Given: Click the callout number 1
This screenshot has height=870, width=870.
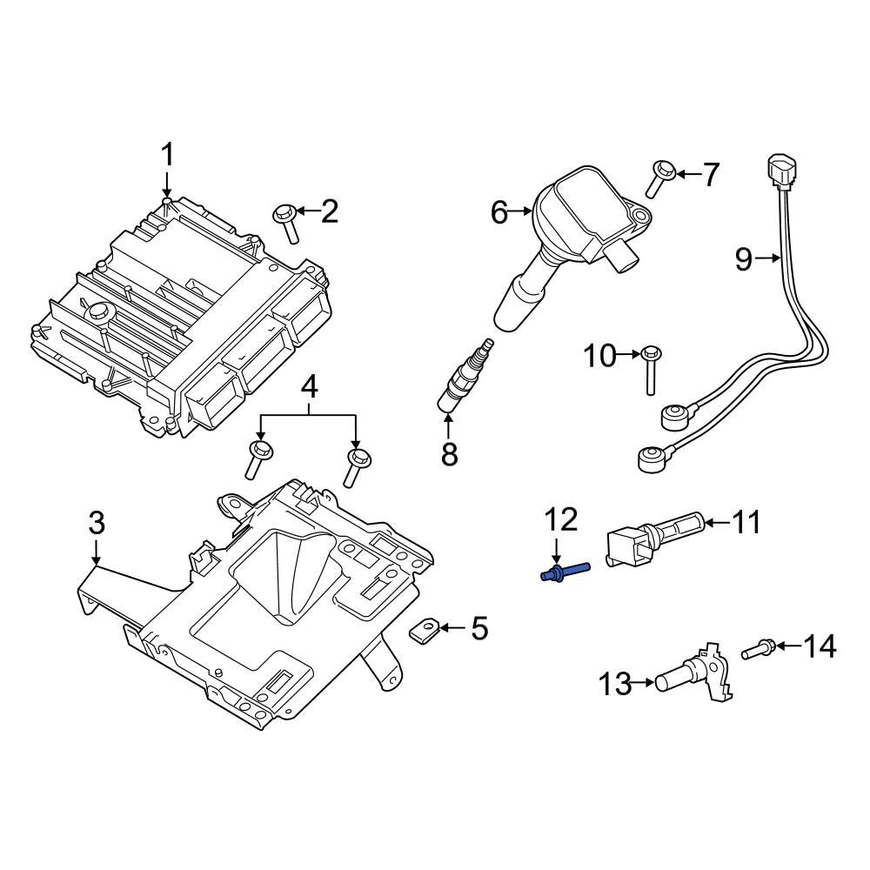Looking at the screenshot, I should click(x=166, y=157).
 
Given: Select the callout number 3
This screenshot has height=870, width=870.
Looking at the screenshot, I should click(x=96, y=523).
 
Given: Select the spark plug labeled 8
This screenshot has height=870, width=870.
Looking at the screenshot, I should click(x=465, y=374).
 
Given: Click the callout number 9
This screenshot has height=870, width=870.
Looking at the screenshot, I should click(x=743, y=258).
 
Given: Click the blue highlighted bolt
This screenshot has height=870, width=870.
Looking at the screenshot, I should click(x=564, y=572).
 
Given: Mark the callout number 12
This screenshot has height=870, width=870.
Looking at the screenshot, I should click(x=560, y=520).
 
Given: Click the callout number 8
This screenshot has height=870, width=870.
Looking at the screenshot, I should click(x=449, y=453).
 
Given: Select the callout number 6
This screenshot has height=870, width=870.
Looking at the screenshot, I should click(x=499, y=211).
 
